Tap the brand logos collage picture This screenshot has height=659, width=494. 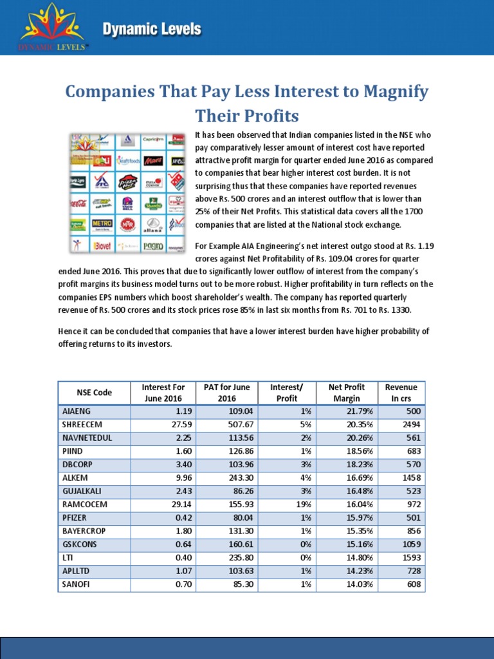click(x=129, y=192)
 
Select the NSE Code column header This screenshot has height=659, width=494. click(x=94, y=392)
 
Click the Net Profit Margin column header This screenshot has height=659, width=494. click(x=346, y=392)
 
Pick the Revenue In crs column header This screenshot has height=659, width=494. click(x=401, y=392)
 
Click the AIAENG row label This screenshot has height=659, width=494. click(x=76, y=411)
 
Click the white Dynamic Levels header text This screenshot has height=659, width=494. click(x=152, y=30)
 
